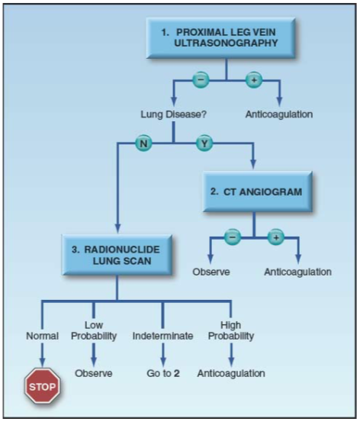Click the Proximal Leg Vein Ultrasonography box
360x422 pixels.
pos(220,38)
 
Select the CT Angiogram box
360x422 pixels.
pos(258,192)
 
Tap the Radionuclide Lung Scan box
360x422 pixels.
pos(117,255)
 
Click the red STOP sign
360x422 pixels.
pos(43,386)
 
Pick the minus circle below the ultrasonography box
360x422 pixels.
pos(201,80)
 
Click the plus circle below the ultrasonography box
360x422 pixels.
pos(254,80)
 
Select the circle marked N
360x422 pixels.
pos(143,143)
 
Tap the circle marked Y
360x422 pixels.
pos(204,143)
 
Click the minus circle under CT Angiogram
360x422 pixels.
pos(233,237)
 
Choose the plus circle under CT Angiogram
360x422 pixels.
pos(276,237)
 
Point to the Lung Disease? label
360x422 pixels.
pos(174,114)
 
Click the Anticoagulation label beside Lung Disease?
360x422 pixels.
pos(279,114)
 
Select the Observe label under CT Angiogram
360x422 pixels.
pos(211,272)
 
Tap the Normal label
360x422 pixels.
pos(42,336)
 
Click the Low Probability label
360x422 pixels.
pos(94,330)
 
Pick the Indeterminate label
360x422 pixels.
pos(162,336)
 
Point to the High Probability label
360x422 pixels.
pos(231,330)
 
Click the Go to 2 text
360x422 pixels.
pos(163,373)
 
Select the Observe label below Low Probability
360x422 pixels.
pos(94,373)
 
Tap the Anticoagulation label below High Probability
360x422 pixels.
pos(231,373)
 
